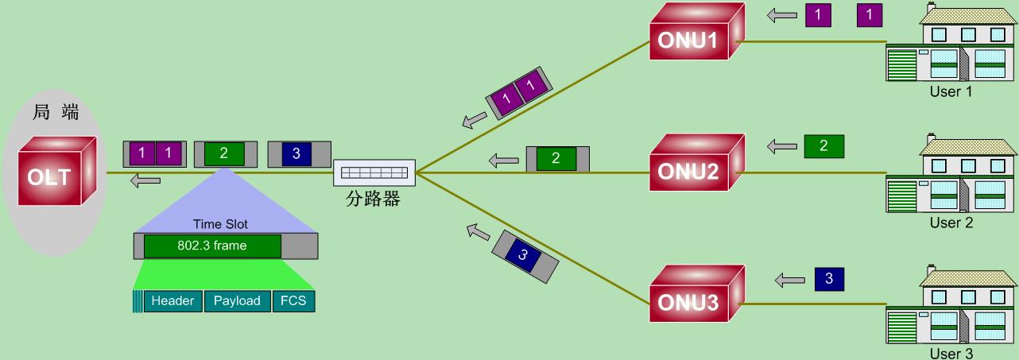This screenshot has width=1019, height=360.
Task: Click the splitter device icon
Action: pos(374,172)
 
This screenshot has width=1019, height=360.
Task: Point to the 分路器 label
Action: pos(373,199)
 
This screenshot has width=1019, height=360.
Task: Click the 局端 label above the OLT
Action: pos(55,113)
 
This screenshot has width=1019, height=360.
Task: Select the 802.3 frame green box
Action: pos(212,246)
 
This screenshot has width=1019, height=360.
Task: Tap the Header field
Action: pos(172,301)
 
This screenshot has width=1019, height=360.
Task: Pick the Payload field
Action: pos(237,301)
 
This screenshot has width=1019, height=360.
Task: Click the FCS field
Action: pos(293,301)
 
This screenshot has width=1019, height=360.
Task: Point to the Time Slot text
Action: pos(219,225)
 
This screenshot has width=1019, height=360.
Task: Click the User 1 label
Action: pos(951,91)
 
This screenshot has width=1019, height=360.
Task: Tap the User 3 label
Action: pos(951,354)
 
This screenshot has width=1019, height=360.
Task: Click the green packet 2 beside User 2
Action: pos(823,145)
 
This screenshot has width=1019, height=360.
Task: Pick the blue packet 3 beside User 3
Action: pos(829,279)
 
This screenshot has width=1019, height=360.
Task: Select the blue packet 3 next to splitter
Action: pos(296,154)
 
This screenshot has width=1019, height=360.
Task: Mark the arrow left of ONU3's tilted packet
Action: pos(478,231)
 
